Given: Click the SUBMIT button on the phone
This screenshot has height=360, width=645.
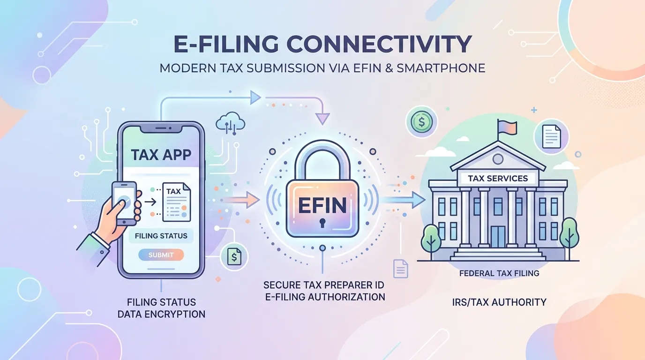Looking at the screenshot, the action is pyautogui.click(x=161, y=255).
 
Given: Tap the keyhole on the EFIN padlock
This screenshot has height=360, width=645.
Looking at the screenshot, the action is pyautogui.click(x=322, y=223).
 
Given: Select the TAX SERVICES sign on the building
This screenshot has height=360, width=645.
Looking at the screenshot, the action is pyautogui.click(x=498, y=178).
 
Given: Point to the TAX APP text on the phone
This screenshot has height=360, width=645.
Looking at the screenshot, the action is pyautogui.click(x=161, y=155).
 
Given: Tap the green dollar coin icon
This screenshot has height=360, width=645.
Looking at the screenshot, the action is pyautogui.click(x=421, y=122).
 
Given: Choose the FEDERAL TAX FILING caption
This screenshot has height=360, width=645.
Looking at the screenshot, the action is pyautogui.click(x=499, y=273).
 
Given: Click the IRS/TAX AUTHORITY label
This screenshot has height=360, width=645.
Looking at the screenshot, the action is pyautogui.click(x=499, y=302).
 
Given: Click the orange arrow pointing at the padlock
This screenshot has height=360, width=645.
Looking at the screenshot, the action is pyautogui.click(x=241, y=200).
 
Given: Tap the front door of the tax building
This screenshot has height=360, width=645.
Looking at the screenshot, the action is pyautogui.click(x=498, y=237).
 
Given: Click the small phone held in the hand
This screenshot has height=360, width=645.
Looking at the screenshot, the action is pyautogui.click(x=124, y=203).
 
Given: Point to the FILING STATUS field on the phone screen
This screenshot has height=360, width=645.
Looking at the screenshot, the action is pyautogui.click(x=161, y=236).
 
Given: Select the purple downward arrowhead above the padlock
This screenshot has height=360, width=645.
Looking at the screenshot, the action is pyautogui.click(x=322, y=119).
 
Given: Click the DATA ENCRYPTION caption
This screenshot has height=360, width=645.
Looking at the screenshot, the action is pyautogui.click(x=162, y=314).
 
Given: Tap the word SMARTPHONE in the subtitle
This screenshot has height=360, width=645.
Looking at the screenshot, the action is pyautogui.click(x=441, y=68).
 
